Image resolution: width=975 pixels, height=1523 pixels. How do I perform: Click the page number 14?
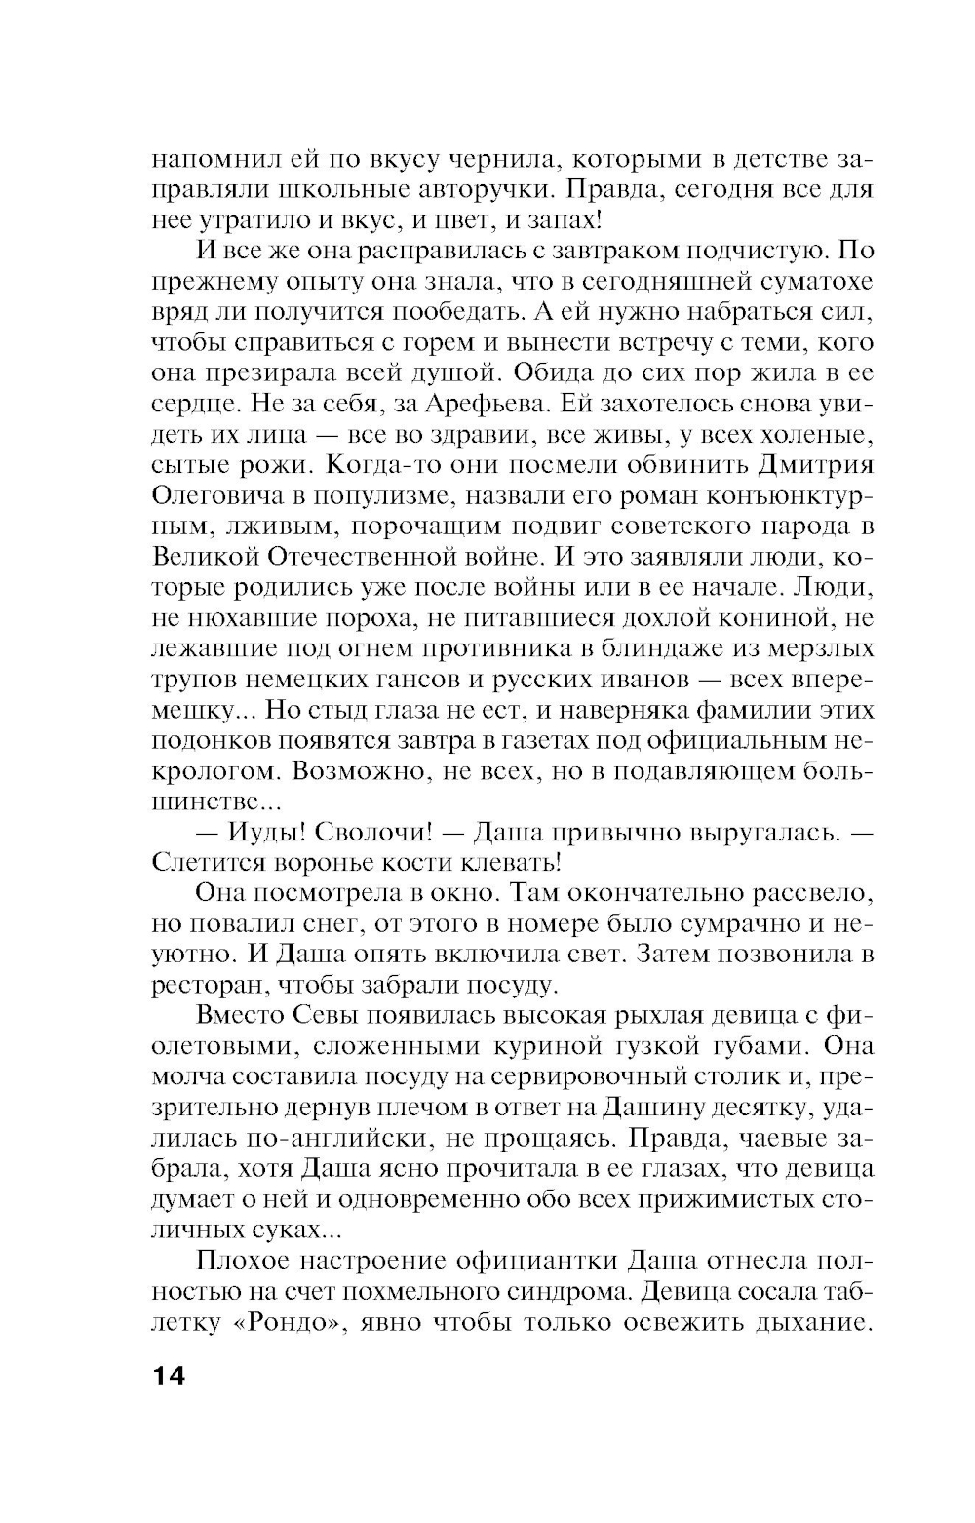(168, 1376)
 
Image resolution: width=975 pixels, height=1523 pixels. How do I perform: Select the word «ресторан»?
(204, 986)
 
